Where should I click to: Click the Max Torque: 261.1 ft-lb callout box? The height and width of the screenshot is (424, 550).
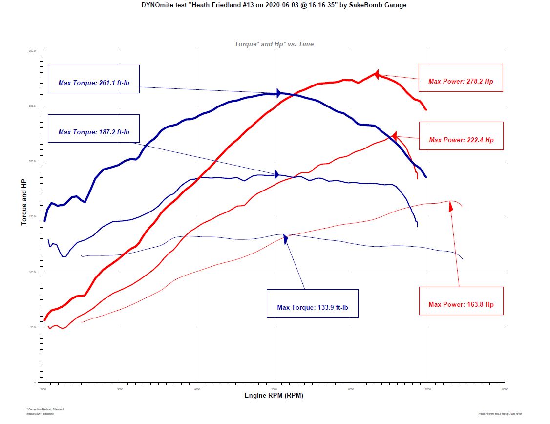pos(94,79)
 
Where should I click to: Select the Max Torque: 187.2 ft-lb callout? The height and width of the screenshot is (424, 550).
pos(94,128)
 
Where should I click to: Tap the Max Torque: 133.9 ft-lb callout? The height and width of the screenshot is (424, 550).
pos(313,303)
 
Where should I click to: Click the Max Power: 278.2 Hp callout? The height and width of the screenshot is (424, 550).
pos(461,77)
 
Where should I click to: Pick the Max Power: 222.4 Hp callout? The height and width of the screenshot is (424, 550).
pos(461,136)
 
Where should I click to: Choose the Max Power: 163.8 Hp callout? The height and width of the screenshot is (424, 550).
pos(461,301)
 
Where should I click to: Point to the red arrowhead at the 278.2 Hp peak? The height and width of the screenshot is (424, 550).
pos(377,74)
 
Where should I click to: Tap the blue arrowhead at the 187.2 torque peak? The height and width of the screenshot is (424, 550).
pos(276,174)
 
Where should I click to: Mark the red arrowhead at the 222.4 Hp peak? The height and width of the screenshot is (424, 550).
pos(394,135)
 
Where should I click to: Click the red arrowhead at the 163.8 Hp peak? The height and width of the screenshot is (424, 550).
pos(451,206)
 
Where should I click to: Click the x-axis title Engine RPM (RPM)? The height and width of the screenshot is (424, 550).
pos(274,395)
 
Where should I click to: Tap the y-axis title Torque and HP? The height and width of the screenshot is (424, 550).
pos(23,202)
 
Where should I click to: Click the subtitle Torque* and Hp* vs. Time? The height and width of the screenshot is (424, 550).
pos(274,44)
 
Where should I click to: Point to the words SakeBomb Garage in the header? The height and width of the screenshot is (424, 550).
pos(381,5)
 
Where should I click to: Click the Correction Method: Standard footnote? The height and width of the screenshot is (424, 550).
pos(45,409)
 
